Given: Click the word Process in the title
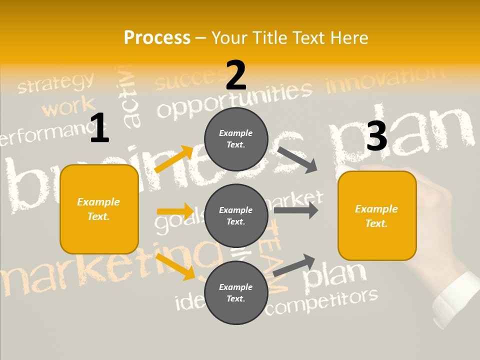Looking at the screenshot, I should [157, 38].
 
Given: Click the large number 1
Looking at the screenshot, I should [99, 128].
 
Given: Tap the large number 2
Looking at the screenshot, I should [236, 75].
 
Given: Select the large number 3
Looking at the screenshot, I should [376, 136].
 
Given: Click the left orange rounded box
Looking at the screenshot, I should [99, 209].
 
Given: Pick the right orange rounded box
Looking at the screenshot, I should [377, 215].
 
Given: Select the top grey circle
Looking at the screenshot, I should [236, 139].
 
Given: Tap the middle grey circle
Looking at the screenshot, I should [236, 215].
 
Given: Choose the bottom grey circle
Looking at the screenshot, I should [236, 292].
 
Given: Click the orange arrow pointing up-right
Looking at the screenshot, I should [174, 159].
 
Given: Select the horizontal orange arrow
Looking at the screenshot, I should [175, 211].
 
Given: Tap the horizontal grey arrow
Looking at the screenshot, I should [295, 210].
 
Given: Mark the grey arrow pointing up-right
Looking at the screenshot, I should [294, 265].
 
